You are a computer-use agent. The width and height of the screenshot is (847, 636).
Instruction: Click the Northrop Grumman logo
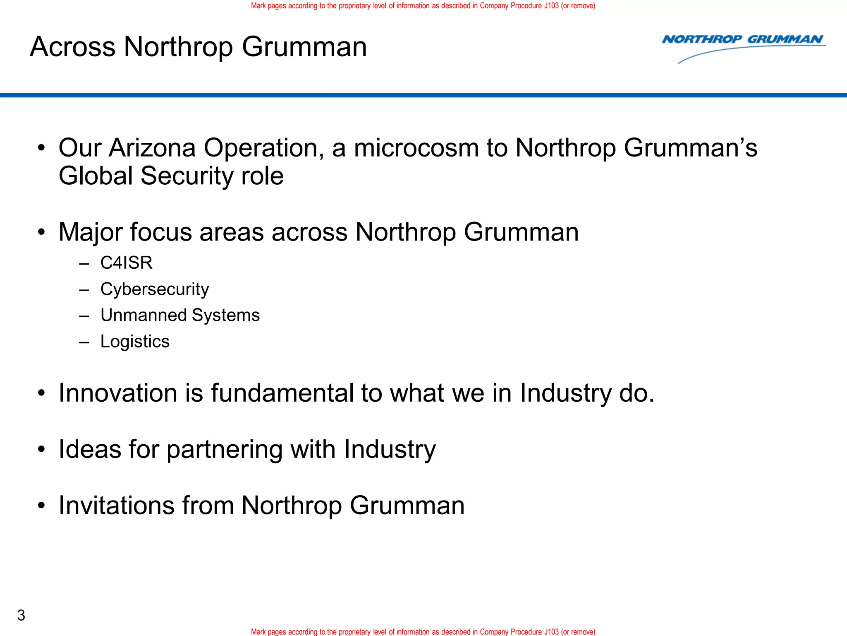(x=743, y=47)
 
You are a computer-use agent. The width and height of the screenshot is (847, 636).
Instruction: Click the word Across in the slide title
(x=72, y=47)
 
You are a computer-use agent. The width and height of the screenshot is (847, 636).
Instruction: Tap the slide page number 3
(x=21, y=615)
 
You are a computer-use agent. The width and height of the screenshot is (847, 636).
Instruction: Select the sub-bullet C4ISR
(x=126, y=263)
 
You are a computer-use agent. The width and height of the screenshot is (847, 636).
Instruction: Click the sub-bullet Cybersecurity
(x=154, y=289)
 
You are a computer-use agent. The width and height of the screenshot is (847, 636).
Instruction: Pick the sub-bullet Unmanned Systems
(x=180, y=316)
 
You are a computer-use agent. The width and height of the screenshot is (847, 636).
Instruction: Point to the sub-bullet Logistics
(x=135, y=342)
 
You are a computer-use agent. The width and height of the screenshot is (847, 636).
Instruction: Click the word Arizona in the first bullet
(x=152, y=148)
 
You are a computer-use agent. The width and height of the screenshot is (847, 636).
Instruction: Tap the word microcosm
(x=416, y=148)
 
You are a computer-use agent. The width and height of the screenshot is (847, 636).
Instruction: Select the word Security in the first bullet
(x=187, y=176)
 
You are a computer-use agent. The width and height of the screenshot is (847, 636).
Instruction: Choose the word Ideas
(x=90, y=449)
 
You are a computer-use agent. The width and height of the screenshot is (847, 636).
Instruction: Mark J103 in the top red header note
(x=551, y=6)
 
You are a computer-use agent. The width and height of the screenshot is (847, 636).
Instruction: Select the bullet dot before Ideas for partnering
(x=41, y=450)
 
